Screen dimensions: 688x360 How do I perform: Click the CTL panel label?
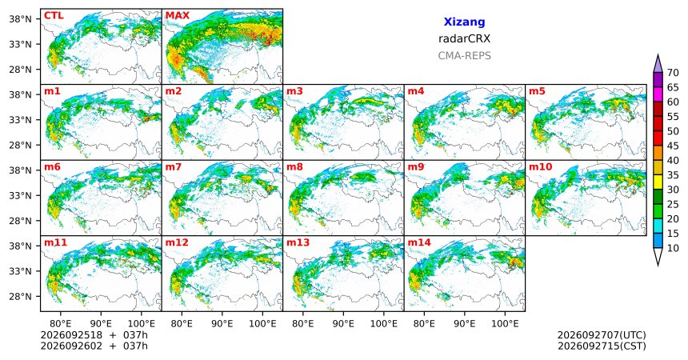click(54, 16)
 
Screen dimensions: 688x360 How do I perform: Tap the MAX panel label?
click(178, 16)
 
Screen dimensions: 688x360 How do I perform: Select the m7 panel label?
click(173, 167)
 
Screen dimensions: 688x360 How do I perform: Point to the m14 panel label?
click(419, 242)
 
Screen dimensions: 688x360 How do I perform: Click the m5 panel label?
click(537, 91)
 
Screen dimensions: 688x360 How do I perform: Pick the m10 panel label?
click(541, 167)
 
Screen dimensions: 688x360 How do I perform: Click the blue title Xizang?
click(464, 22)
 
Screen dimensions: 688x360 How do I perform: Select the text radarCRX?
click(464, 38)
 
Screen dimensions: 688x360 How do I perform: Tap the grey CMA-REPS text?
click(464, 56)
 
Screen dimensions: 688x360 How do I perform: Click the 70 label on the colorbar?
click(673, 73)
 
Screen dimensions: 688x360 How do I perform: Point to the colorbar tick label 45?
click(673, 146)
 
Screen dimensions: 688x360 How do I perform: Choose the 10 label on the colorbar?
click(673, 248)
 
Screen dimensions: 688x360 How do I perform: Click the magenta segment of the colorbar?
click(658, 94)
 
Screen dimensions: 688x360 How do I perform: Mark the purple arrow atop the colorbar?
click(658, 64)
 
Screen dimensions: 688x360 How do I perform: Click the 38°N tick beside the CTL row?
click(21, 18)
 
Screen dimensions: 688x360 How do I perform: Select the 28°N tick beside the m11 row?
click(21, 296)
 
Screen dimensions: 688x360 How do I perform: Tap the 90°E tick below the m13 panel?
click(343, 323)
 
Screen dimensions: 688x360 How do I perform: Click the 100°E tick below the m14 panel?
click(505, 323)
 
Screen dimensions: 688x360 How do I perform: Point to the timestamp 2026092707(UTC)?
click(602, 335)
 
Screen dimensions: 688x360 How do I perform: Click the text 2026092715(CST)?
click(602, 346)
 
